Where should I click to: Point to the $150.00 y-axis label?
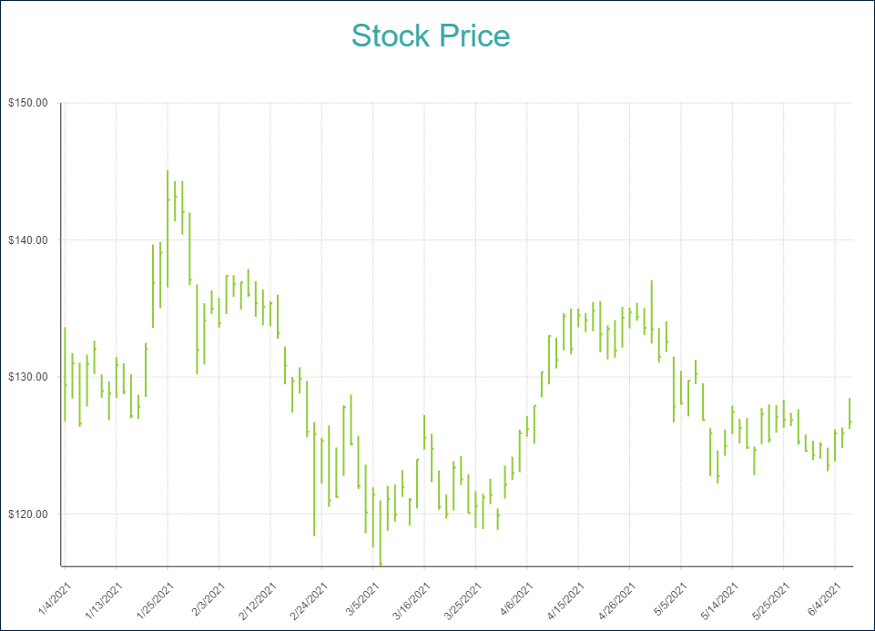(28, 103)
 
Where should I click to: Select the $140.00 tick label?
(28, 240)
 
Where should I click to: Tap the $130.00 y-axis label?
(28, 377)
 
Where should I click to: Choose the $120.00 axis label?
(28, 514)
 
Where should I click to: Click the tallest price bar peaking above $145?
(168, 228)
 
